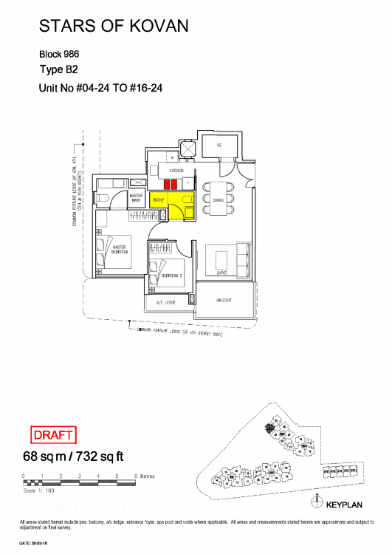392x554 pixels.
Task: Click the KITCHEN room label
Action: tap(176, 171)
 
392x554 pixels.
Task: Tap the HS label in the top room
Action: tap(219, 146)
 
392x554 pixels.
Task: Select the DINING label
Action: tap(219, 199)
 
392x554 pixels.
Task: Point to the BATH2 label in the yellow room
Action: tap(158, 199)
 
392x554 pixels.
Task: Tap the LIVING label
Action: tap(221, 273)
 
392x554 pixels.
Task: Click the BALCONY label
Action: tap(224, 301)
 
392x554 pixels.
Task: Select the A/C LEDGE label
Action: tap(165, 303)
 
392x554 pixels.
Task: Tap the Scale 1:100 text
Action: tap(40, 490)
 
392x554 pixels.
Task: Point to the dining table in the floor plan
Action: tap(219, 199)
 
